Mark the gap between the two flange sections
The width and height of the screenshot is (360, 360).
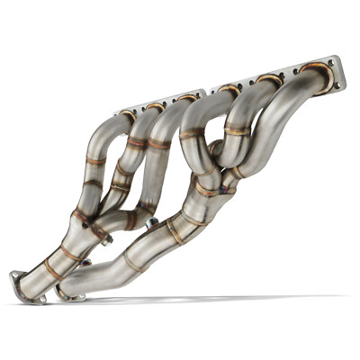click(x=210, y=92)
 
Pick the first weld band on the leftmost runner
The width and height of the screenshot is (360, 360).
click(x=95, y=162)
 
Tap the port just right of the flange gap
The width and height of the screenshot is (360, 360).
click(x=229, y=89)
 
